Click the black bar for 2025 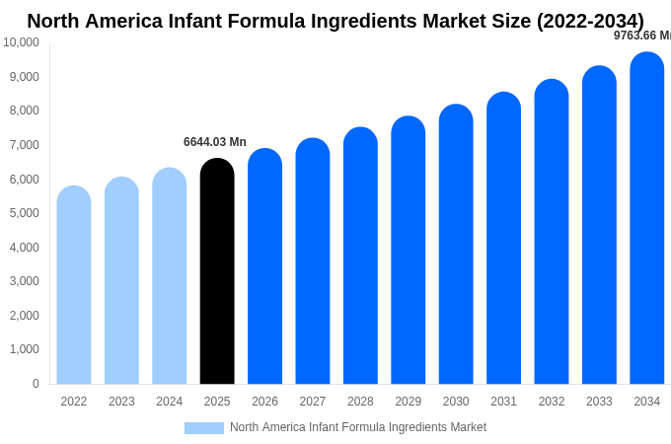coord(217,271)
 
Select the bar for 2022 coord(74,285)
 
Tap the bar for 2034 coord(647,218)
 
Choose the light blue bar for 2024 coord(170,276)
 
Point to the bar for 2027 coord(313,261)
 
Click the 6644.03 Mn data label coord(215,142)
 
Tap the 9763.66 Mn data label coord(642,36)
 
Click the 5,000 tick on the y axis coord(21,213)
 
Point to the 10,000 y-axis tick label coord(21,42)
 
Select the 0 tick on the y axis coord(36,384)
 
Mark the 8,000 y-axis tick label coord(21,111)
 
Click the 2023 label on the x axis coord(121,402)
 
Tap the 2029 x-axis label coord(409,402)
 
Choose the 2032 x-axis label coord(552,402)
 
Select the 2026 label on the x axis coord(264,402)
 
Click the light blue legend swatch coord(204,428)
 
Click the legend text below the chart coord(358,427)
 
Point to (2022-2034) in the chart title coord(590,21)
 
